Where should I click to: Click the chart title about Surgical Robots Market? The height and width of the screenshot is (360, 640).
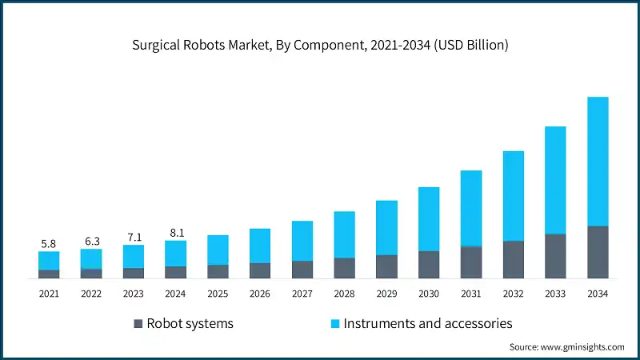point(320,45)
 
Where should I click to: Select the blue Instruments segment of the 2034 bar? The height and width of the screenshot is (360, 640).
point(598,161)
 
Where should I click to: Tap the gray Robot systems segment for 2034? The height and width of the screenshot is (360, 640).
point(598,252)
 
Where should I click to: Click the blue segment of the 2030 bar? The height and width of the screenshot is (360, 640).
point(429,218)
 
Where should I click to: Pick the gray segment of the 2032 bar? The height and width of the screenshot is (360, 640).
point(513,259)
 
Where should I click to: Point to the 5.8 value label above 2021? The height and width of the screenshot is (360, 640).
point(49,243)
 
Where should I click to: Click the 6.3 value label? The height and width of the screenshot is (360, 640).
point(91,241)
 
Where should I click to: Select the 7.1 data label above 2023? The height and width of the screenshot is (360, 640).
point(134,237)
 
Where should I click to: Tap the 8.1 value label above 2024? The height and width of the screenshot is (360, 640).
point(175,233)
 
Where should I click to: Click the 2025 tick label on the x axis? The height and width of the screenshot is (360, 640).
point(218,294)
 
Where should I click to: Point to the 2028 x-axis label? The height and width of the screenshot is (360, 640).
point(344,294)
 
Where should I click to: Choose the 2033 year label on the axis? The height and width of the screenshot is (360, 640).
point(555,294)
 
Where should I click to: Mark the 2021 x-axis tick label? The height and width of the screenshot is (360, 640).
point(49,294)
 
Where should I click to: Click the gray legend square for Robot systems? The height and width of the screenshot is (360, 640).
point(138,324)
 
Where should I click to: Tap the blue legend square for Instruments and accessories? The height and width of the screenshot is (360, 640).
point(336,324)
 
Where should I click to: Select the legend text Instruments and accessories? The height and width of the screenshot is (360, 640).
point(428,324)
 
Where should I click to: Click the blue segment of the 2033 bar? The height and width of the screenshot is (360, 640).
point(555,180)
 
